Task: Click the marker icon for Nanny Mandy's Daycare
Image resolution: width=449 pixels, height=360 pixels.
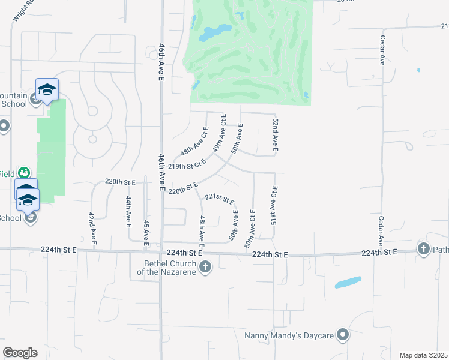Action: pos(343,335)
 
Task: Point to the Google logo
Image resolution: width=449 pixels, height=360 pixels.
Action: pos(20,353)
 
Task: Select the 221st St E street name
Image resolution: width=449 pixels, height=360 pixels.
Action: pos(220,199)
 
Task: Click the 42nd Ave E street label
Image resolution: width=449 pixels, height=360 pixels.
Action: pos(92,229)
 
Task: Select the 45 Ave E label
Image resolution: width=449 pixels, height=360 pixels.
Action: pos(146,234)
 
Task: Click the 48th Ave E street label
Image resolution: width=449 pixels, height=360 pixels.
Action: pos(202,232)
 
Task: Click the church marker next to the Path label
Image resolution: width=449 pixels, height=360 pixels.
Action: pos(424,249)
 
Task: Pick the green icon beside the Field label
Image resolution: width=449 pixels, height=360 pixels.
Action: pos(24,173)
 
